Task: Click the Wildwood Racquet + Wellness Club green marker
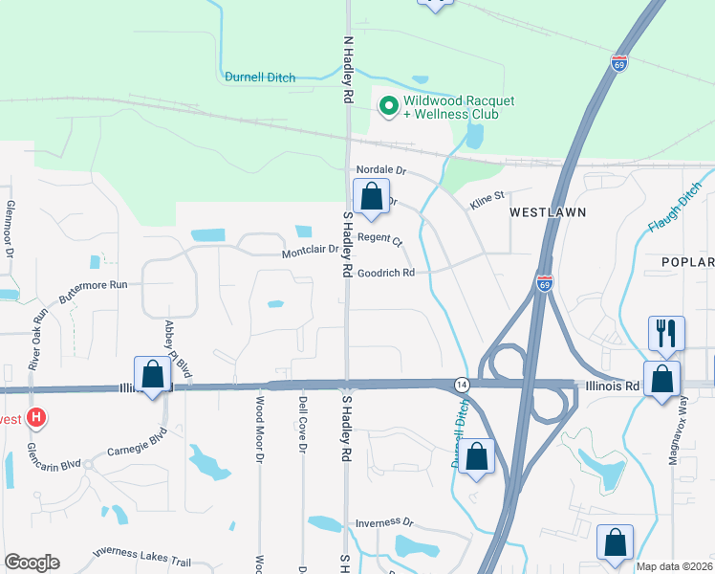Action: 388,106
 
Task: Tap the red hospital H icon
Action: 36,418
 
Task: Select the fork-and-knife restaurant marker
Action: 666,333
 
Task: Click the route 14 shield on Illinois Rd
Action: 461,383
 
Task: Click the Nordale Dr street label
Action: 381,170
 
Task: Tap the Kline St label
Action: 486,201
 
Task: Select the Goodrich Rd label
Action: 386,273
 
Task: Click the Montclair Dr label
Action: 310,253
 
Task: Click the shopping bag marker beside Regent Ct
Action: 371,197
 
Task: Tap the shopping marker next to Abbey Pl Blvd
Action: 152,374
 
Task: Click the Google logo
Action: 32,563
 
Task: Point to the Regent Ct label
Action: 380,239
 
